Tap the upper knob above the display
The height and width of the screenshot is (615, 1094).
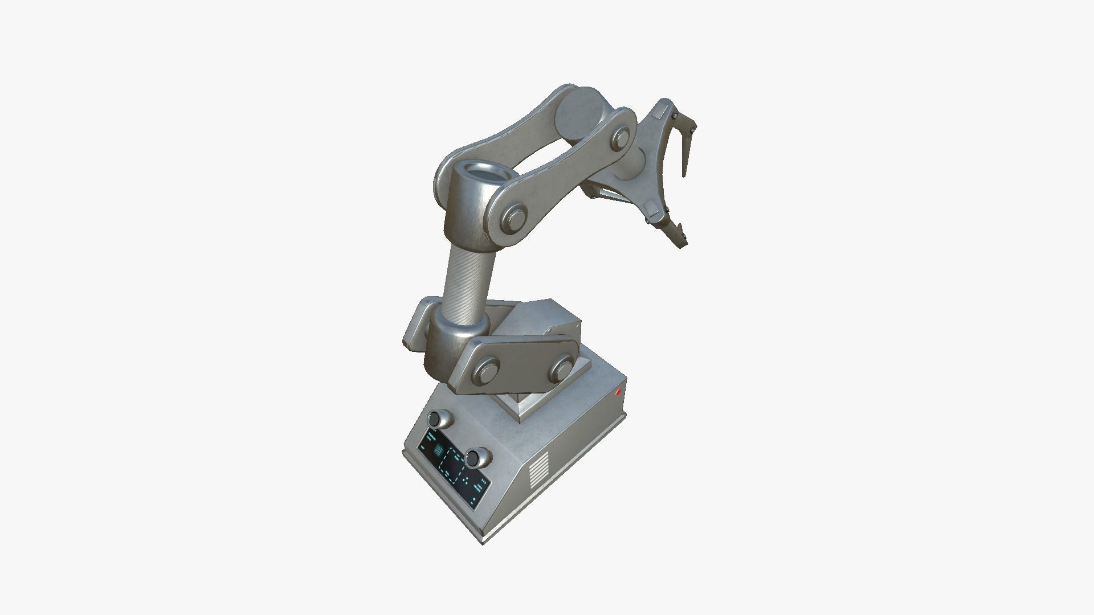point(439,420)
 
